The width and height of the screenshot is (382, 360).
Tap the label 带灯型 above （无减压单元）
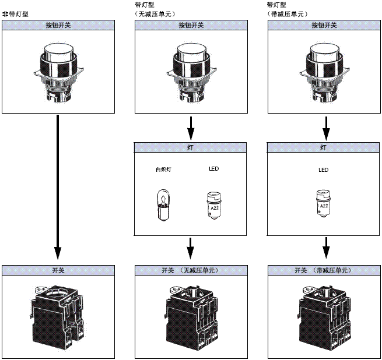tap(144, 4)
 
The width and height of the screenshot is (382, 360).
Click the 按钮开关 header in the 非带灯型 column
tap(58, 25)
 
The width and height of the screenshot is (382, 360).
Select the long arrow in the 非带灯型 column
tap(58, 186)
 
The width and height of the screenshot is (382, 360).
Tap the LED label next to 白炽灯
tap(213, 170)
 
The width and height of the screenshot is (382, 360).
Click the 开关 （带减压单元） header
tap(323, 270)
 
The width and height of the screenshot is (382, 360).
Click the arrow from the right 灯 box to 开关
tap(326, 249)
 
